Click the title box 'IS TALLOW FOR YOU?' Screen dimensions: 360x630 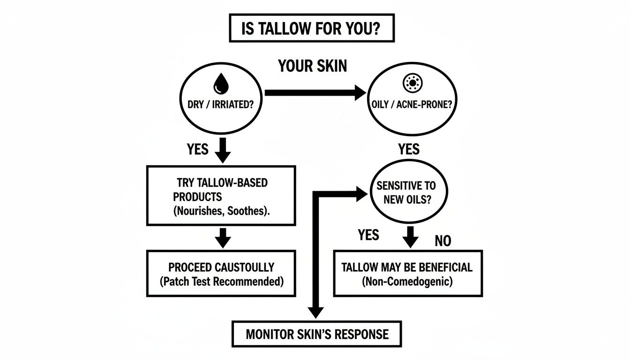pos(311,29)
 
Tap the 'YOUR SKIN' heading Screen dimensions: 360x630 pos(313,66)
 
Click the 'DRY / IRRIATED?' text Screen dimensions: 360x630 pos(220,105)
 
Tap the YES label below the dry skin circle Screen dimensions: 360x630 pos(197,150)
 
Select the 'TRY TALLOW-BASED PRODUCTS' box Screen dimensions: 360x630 pos(221,195)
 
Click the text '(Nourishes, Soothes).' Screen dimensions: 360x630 pos(221,211)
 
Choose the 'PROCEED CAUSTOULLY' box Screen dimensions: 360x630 pos(221,273)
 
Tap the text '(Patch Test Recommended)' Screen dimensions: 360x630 pos(221,282)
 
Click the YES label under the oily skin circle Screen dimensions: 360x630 pos(409,150)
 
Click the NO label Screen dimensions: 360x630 pos(442,241)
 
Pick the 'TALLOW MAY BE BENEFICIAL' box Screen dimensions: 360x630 pos(407,273)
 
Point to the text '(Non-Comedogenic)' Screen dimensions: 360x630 pos(407,283)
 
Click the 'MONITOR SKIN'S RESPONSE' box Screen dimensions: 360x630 pos(317,334)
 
